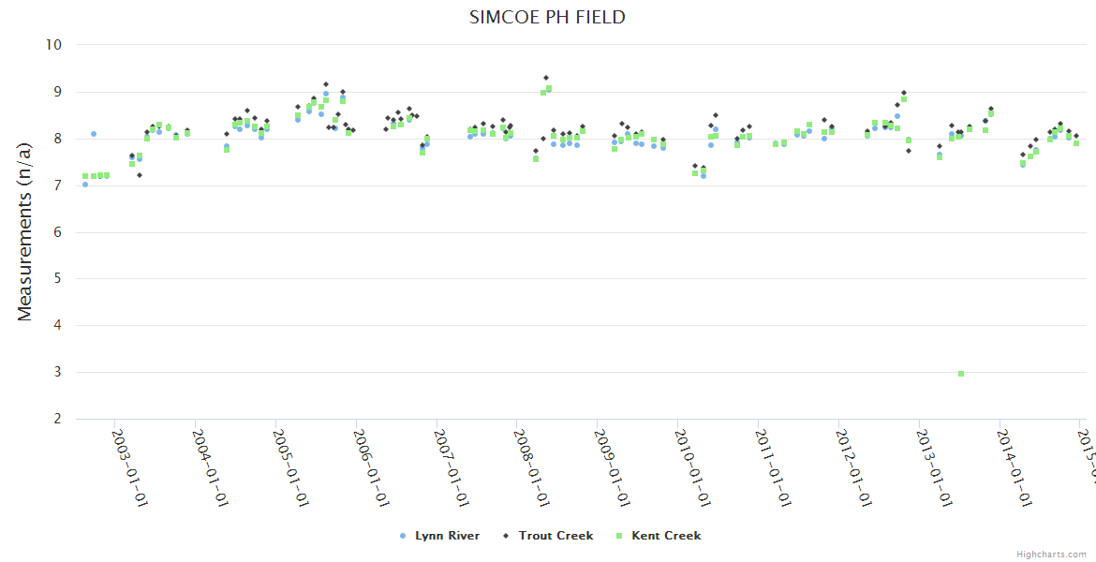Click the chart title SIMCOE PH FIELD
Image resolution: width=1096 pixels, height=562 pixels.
[x=548, y=17]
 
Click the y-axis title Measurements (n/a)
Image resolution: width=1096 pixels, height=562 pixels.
[x=25, y=231]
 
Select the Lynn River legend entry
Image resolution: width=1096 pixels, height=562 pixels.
[x=440, y=536]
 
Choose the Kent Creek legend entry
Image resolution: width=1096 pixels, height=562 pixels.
[x=659, y=536]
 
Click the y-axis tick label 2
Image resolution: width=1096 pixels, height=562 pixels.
[x=57, y=419]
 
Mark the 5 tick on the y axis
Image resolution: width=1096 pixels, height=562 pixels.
[x=57, y=278]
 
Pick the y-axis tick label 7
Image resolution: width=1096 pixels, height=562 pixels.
[x=57, y=185]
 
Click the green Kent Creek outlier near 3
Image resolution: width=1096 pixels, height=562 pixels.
[x=961, y=374]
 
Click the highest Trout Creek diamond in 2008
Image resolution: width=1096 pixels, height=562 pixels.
[x=546, y=78]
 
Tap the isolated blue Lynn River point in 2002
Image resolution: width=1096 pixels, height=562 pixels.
[x=94, y=134]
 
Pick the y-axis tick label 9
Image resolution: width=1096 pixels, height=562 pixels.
[x=57, y=92]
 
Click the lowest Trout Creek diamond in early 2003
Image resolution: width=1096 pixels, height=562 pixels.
[x=140, y=175]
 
